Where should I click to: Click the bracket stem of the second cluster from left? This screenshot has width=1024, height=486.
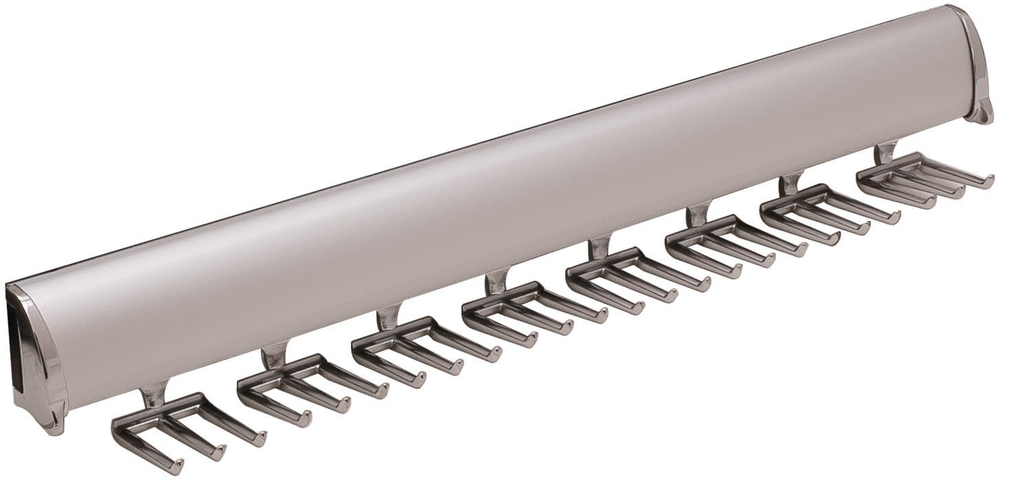pyautogui.click(x=274, y=357)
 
